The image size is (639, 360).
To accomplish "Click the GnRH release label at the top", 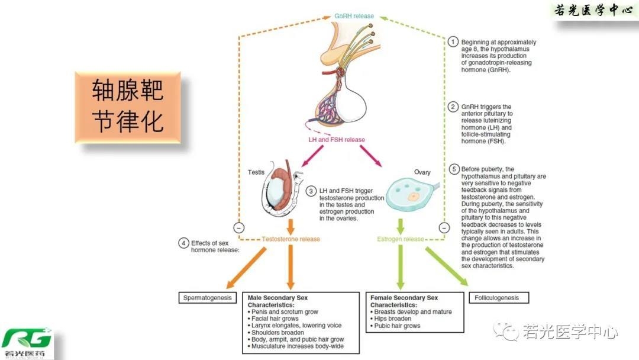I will click(354, 16).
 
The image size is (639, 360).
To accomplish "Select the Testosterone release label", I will click(291, 239).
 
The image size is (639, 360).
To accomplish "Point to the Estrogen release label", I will click(401, 239).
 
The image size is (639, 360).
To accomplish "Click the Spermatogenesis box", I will click(206, 297).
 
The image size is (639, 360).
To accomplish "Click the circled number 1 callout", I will click(453, 42).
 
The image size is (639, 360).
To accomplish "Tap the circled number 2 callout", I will click(453, 107).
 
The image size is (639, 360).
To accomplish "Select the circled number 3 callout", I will click(311, 191).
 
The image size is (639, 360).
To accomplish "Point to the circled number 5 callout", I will click(453, 169).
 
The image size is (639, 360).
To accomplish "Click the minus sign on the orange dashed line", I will click(238, 227).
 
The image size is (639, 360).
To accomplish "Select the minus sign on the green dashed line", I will click(444, 227).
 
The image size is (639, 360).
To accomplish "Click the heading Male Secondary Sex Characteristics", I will click(277, 300).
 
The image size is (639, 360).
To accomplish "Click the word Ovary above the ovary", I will click(422, 172).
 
